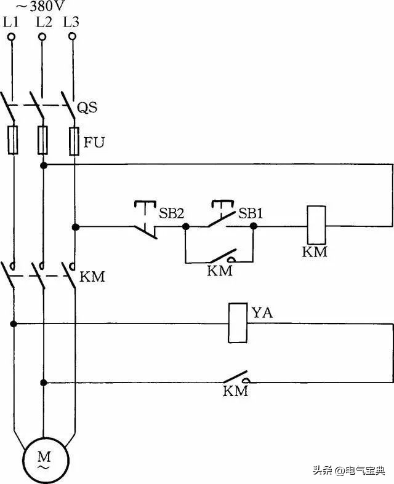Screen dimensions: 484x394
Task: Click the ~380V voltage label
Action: [x=31, y=7]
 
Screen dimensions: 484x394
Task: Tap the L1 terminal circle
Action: [x=12, y=38]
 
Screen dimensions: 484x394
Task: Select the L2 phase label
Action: [x=43, y=22]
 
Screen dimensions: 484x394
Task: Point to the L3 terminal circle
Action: [x=73, y=37]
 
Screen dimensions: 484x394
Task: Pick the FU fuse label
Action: [x=94, y=144]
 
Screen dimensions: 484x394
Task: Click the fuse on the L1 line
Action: [x=12, y=140]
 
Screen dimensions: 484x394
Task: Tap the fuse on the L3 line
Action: [x=74, y=140]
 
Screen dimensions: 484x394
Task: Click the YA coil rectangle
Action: [x=238, y=322]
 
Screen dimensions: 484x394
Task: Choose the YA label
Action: [x=262, y=314]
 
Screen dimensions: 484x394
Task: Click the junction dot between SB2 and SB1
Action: [x=185, y=226]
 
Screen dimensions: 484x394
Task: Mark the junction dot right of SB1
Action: [x=254, y=226]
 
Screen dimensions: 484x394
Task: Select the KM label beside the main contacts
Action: [x=92, y=277]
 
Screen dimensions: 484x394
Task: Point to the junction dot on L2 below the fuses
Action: [x=44, y=165]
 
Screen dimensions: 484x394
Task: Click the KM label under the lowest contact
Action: [x=235, y=391]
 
